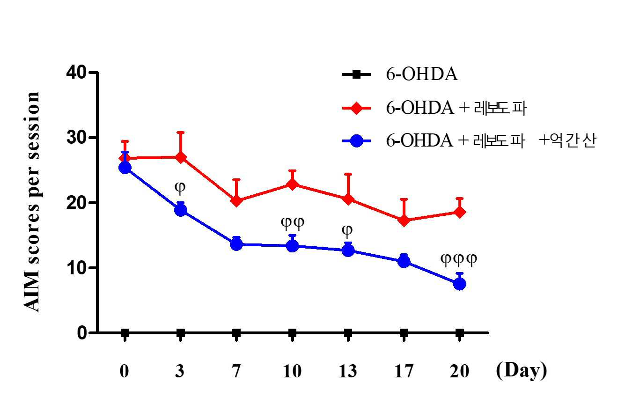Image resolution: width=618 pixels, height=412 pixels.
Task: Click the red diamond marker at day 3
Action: pos(180,158)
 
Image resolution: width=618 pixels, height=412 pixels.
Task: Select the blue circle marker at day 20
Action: pos(459,284)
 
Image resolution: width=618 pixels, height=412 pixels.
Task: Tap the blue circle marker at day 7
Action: pos(236,244)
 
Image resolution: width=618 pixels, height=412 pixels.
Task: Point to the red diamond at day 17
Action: pos(404,220)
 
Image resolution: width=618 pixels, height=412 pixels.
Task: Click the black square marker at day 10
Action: pos(292,333)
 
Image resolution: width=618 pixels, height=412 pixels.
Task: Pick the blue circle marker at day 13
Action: pos(348,250)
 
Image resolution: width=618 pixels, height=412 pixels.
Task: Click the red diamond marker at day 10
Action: pos(292,184)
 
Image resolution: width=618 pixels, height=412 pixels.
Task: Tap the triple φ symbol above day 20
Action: pos(458,260)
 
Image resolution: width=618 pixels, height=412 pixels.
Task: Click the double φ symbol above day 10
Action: pos(293,223)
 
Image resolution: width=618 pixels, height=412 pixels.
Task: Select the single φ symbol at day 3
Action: pos(180,188)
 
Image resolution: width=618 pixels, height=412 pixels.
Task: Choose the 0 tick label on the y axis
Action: pos(82,333)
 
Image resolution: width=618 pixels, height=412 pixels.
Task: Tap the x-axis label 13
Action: pos(347,371)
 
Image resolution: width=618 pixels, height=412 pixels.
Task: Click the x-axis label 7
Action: pos(236,371)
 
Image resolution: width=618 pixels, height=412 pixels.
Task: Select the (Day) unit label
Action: pos(521,371)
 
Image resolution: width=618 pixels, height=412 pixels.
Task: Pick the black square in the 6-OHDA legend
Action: pos(356,74)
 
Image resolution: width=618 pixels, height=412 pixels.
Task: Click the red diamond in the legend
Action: pos(356,108)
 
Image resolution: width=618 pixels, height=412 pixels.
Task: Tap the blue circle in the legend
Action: pos(356,141)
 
